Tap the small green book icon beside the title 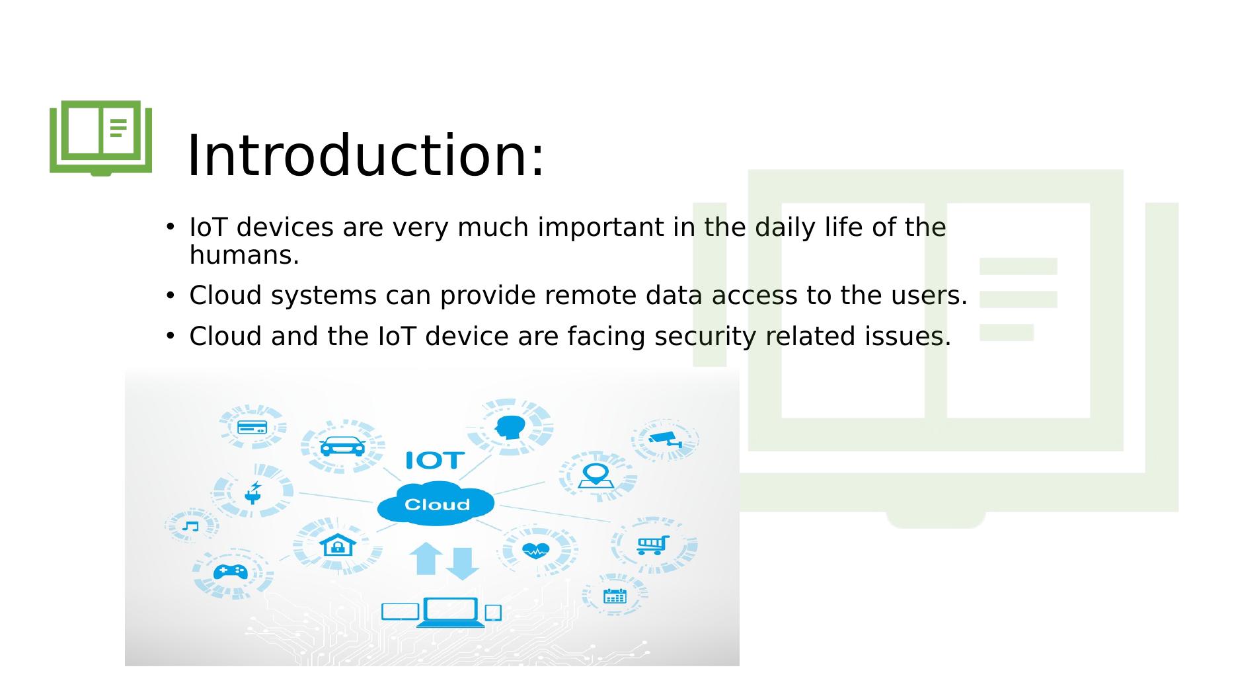pos(101,137)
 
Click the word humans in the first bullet pos(243,256)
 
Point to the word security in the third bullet pos(705,336)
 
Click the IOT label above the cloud pos(434,460)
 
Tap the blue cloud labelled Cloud pos(436,504)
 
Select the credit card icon pos(252,427)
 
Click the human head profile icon pos(510,427)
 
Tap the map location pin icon pos(596,476)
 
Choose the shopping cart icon pos(653,545)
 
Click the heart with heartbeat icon pos(535,549)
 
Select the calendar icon pos(615,596)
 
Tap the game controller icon pos(231,571)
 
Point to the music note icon pos(190,526)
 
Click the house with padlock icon pos(338,545)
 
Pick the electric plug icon pos(253,492)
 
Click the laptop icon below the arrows pos(450,612)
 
